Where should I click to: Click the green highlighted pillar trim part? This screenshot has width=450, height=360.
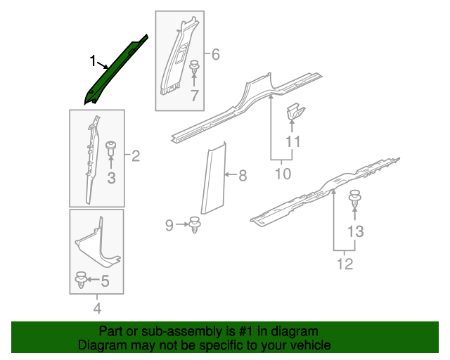pyautogui.click(x=118, y=69)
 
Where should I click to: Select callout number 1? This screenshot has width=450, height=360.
pyautogui.click(x=93, y=62)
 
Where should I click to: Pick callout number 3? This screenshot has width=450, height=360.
pyautogui.click(x=111, y=179)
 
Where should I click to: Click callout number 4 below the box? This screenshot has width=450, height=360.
pyautogui.click(x=97, y=307)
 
